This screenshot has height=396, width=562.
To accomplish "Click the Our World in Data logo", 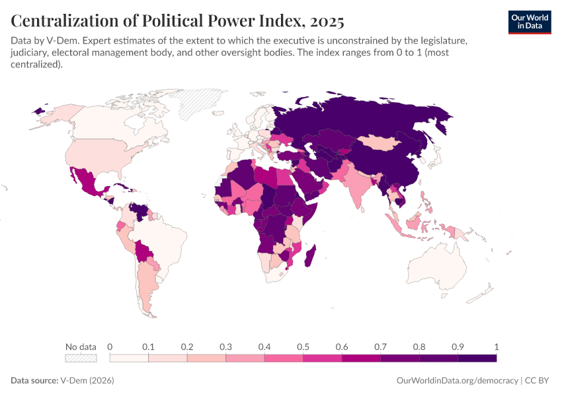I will [x=529, y=22].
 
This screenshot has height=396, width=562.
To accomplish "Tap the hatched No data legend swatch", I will [x=81, y=358].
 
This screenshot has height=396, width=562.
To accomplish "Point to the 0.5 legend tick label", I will [x=303, y=346].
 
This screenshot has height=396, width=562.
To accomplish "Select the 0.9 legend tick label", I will [x=458, y=346].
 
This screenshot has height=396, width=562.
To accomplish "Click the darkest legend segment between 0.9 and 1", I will [x=477, y=358].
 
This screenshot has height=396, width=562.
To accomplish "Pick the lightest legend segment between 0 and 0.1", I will [x=129, y=358].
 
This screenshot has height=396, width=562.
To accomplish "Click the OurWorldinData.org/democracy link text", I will [x=457, y=381].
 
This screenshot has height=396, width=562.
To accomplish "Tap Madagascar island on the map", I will [x=310, y=257].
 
